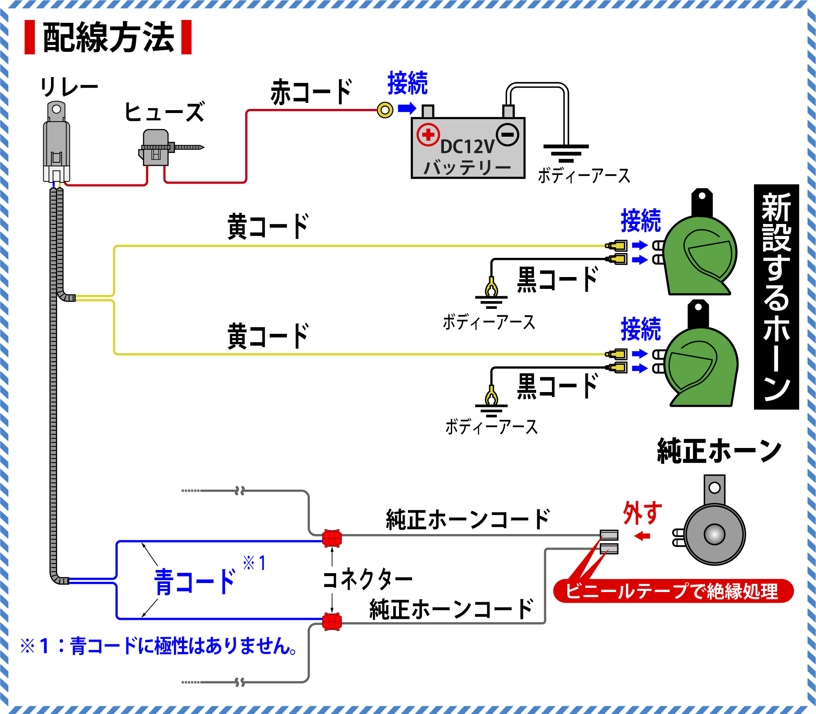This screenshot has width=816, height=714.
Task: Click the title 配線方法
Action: [x=108, y=38]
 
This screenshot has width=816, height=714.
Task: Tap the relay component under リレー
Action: [x=57, y=143]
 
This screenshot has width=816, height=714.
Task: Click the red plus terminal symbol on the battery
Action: [x=428, y=134]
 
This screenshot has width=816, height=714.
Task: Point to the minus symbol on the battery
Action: [x=508, y=134]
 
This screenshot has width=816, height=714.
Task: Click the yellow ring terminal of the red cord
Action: [x=385, y=110]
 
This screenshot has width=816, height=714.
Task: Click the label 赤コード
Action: [x=311, y=92]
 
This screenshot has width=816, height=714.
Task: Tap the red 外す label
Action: [x=642, y=513]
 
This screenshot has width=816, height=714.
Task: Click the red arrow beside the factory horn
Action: [x=642, y=536]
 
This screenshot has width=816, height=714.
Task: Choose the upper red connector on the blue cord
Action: [x=332, y=539]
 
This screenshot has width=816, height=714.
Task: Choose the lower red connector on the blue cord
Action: [x=332, y=621]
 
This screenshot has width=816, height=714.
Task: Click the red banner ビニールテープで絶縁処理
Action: [x=673, y=591]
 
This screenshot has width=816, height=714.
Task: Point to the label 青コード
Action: [x=195, y=582]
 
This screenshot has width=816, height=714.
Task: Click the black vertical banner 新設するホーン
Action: [x=776, y=297]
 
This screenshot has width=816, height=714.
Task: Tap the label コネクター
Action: [x=367, y=579]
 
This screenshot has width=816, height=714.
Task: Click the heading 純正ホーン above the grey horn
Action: [x=719, y=451]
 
